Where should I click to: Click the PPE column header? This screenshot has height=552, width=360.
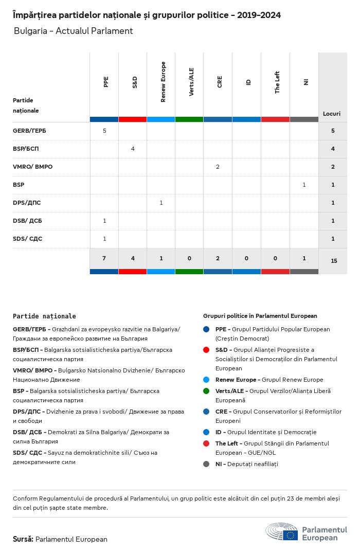[106, 82]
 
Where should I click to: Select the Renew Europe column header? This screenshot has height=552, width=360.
[163, 82]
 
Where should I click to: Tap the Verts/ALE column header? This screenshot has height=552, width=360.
[191, 82]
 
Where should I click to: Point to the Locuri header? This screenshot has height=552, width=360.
[332, 113]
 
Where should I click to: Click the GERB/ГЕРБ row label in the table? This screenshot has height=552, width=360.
[29, 131]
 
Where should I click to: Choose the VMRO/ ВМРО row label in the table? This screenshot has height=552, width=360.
[32, 167]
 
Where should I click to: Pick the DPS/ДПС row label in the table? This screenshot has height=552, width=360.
[27, 203]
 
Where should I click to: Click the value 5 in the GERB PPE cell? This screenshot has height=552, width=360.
[104, 131]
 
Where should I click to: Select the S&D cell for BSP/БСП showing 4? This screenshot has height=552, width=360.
[133, 149]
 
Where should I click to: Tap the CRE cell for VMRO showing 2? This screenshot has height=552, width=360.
[218, 167]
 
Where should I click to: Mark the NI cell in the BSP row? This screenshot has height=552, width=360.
[304, 185]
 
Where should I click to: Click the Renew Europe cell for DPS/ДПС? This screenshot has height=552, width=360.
[161, 203]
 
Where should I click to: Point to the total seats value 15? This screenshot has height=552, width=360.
[334, 261]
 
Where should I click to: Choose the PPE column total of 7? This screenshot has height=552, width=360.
[104, 258]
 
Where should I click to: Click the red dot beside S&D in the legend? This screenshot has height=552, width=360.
[206, 350]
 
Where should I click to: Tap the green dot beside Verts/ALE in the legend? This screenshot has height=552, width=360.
[206, 391]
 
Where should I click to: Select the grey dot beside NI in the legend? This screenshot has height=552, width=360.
[206, 464]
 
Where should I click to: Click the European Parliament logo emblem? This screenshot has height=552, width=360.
[282, 533]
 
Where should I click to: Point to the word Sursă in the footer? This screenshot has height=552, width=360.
[23, 539]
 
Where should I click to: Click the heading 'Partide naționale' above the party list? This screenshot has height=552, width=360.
[44, 316]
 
